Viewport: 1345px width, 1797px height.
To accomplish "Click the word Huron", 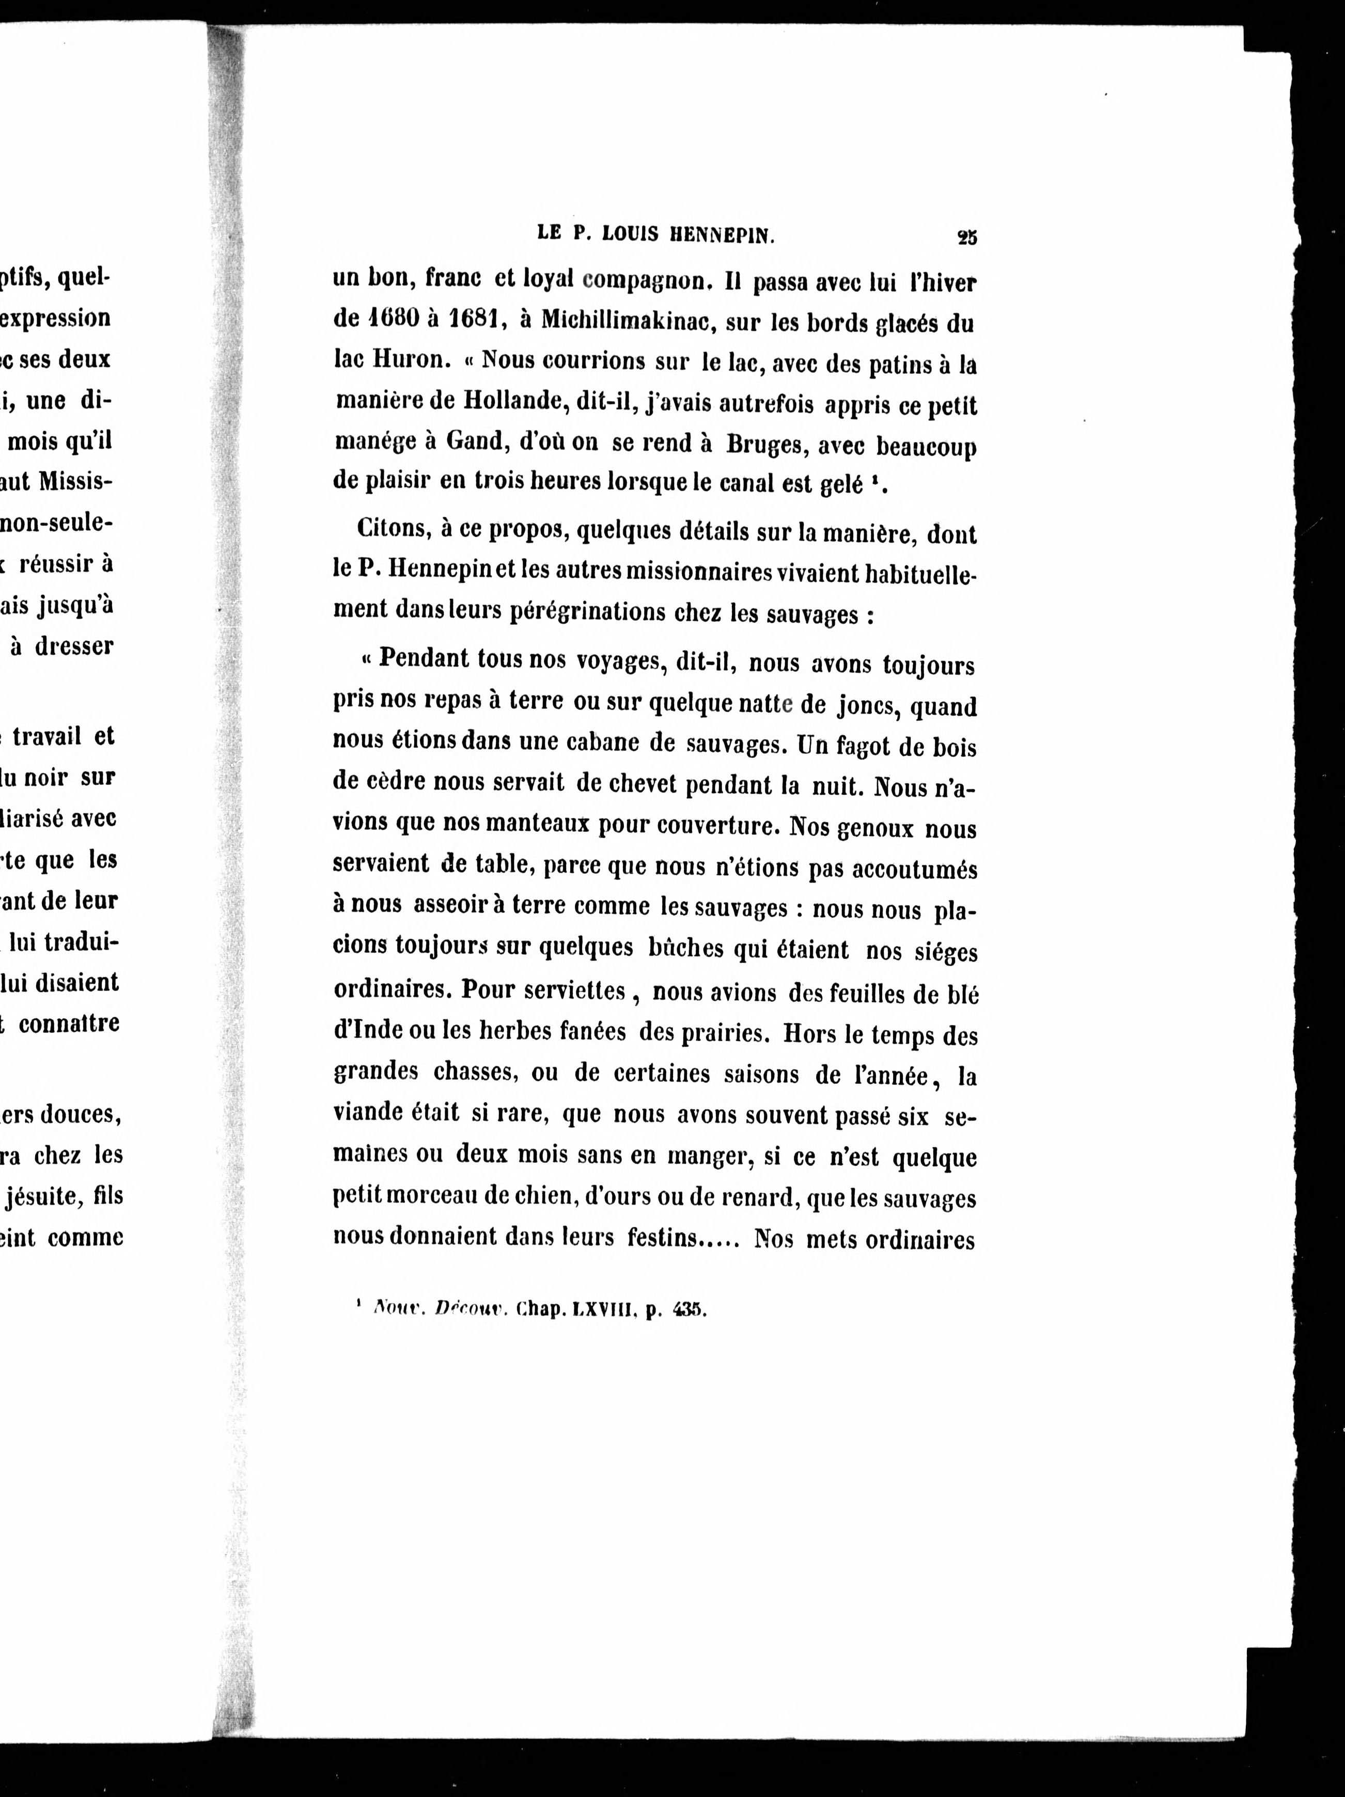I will [x=405, y=360].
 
